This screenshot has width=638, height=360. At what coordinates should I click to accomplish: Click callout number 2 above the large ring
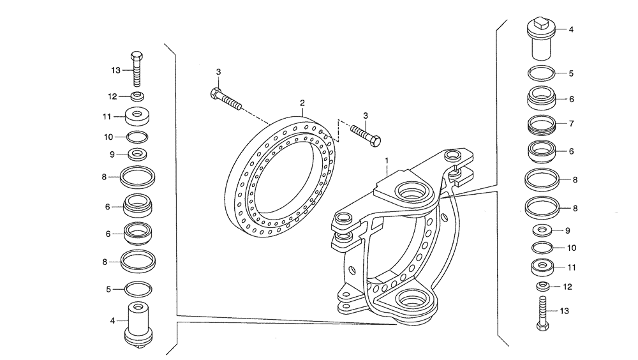(302, 102)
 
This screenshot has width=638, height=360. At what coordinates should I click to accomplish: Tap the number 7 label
(572, 123)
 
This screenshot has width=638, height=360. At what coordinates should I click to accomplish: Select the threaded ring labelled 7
(541, 124)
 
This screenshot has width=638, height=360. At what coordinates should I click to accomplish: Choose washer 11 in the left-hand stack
(138, 117)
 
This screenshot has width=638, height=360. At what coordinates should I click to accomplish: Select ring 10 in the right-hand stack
(541, 248)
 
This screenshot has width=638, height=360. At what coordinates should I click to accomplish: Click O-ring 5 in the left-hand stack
(138, 289)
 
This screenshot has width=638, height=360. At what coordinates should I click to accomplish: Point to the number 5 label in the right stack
(571, 73)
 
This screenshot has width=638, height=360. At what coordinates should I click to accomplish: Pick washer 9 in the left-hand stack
(138, 154)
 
